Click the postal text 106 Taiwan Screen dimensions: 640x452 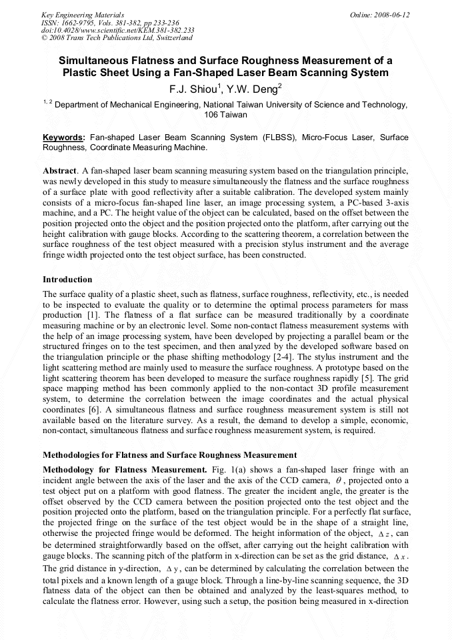coord(225,114)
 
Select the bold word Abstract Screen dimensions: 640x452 coord(60,172)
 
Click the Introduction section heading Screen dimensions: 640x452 coord(67,280)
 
